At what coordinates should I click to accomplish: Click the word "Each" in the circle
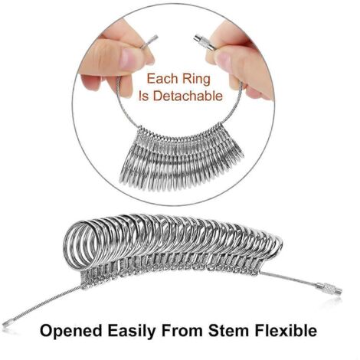[x=161, y=79]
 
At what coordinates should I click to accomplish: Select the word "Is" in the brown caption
[x=143, y=96]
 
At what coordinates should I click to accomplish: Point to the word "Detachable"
[x=188, y=96]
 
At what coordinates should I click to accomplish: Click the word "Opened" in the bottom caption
[x=70, y=331]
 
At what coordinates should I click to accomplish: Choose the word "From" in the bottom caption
[x=182, y=331]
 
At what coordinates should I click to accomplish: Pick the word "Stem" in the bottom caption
[x=228, y=331]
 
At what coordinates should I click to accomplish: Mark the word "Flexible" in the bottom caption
[x=286, y=330]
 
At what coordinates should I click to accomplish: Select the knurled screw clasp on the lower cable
[x=329, y=289]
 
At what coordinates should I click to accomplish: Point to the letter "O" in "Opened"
[x=47, y=331]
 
